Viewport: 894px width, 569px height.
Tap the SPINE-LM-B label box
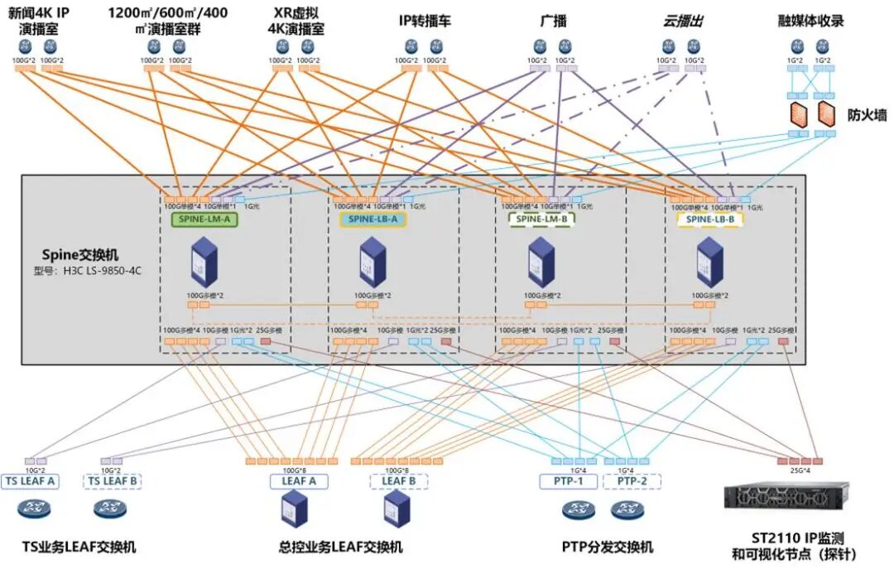click(x=539, y=219)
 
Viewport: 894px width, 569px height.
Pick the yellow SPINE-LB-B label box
click(x=709, y=219)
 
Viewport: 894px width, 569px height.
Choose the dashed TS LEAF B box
click(x=112, y=480)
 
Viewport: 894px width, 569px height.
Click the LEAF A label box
click(x=299, y=480)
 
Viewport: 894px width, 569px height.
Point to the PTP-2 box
click(x=632, y=480)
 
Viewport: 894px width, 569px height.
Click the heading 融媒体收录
click(x=811, y=21)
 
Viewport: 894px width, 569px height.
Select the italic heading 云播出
click(x=683, y=21)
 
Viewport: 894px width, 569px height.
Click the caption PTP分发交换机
click(x=607, y=547)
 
